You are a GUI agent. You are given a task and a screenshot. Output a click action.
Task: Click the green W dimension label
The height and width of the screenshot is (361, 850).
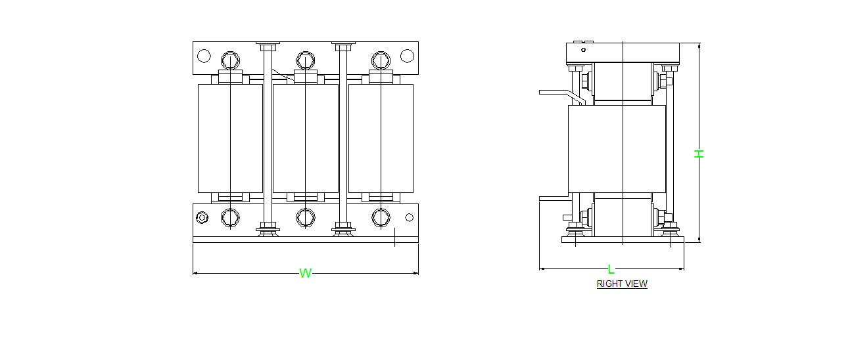tap(305, 273)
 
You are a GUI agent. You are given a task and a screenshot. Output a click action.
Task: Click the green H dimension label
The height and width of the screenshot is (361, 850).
tap(699, 154)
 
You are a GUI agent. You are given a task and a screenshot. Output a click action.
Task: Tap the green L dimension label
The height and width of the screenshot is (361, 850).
tap(611, 269)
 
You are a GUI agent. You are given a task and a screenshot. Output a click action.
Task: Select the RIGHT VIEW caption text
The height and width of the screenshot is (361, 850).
tap(622, 284)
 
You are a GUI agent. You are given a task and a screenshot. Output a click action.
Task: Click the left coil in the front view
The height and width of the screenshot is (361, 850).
tap(230, 138)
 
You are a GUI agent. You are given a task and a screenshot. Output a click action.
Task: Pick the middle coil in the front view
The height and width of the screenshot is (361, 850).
tap(305, 138)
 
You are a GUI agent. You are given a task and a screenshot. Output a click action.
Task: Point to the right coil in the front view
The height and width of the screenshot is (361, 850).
tap(381, 138)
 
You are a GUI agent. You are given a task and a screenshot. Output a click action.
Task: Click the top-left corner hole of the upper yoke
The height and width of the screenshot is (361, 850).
tap(204, 56)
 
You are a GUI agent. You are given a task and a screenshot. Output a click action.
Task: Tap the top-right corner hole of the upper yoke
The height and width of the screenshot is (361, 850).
tap(407, 56)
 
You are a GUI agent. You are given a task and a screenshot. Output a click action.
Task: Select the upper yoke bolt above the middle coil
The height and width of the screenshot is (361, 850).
tap(304, 60)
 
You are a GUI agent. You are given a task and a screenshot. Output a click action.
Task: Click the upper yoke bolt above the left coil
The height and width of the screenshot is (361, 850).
tap(229, 60)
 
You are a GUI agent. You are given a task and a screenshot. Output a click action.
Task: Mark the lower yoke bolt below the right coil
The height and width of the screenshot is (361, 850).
tap(381, 217)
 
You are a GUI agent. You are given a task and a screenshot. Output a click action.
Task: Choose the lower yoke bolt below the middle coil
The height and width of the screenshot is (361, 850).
tap(305, 217)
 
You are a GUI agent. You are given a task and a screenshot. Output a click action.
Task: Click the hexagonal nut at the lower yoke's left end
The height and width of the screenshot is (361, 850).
tap(202, 217)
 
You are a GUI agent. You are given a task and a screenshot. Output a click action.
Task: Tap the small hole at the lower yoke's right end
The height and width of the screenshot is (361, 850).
tap(409, 217)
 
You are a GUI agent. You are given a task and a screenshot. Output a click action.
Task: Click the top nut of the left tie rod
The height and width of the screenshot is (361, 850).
tap(268, 47)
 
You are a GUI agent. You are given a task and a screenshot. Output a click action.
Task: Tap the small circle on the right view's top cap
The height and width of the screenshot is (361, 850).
tap(582, 49)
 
